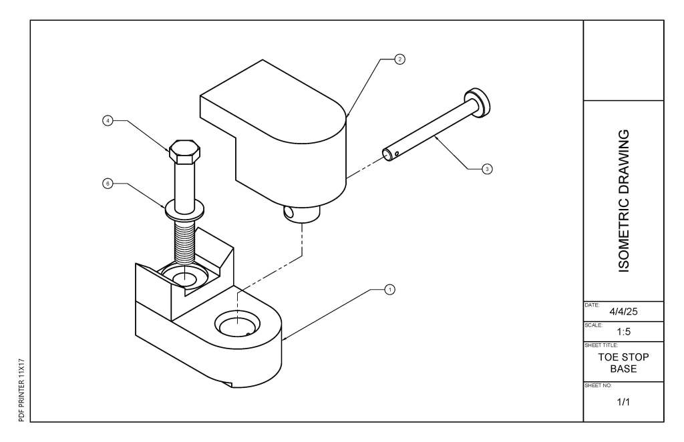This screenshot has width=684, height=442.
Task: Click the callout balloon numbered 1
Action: pos(389,289)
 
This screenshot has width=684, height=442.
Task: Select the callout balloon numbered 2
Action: pos(399,59)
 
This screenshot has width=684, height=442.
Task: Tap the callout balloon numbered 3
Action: pos(487,169)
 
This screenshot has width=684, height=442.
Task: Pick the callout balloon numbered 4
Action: pos(108,121)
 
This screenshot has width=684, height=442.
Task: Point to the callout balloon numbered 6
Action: pos(108,184)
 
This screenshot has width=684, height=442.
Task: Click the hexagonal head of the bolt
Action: pos(184,152)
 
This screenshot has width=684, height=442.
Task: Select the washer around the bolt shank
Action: pos(184,210)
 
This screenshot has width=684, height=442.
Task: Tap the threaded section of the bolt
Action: pos(184,242)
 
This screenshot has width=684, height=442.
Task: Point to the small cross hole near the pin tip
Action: pos(397,153)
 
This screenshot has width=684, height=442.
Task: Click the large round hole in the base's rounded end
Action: pos(238,324)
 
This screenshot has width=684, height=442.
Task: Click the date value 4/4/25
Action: pos(623,312)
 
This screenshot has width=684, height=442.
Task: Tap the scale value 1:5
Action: pos(624,332)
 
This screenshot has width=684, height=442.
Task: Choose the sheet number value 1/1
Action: pos(623,402)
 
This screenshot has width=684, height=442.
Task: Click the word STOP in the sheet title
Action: pos(636,357)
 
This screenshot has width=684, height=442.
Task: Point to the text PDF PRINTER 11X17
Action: pos(22,390)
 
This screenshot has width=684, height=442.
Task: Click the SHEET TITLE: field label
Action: pos(601,345)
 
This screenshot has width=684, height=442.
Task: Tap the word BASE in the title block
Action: pos(623,369)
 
